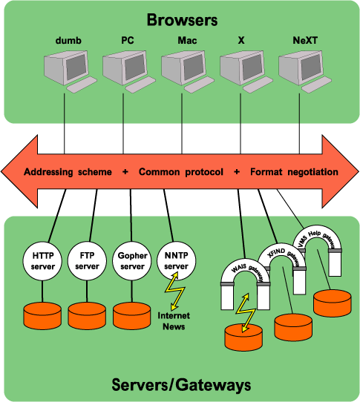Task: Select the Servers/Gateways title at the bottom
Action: pos(181,384)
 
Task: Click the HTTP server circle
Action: pos(43,260)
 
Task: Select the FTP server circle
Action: pos(87,260)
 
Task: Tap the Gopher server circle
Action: pos(131,260)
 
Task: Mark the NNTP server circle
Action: pos(176,260)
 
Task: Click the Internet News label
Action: pos(176,320)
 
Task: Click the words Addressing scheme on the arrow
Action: pos(68,172)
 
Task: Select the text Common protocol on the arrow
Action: pos(180,172)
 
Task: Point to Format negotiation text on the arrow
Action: pos(294,172)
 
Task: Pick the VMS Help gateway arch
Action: pos(318,236)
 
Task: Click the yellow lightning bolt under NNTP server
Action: pos(176,291)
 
